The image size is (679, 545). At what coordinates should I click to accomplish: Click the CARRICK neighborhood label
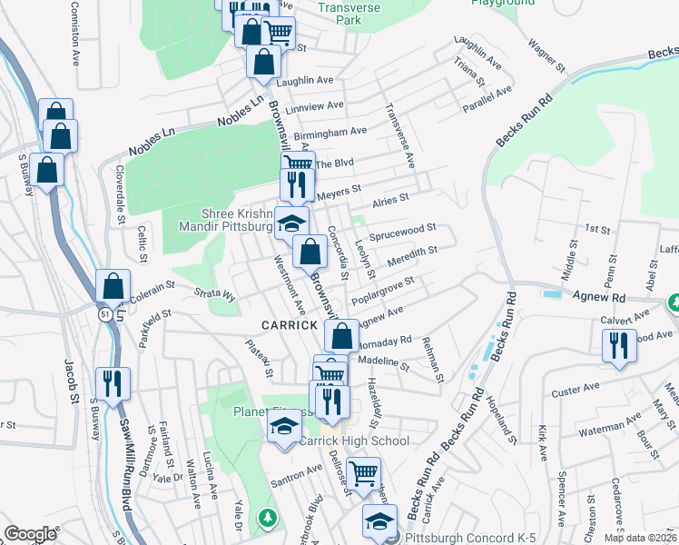(290, 324)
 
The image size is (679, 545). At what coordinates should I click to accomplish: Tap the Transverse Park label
(349, 12)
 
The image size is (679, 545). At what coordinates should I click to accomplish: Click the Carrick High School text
(355, 441)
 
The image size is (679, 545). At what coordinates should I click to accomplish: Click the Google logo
(30, 534)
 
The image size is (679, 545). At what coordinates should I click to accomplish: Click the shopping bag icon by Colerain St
(113, 287)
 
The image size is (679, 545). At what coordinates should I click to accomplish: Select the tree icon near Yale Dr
(267, 518)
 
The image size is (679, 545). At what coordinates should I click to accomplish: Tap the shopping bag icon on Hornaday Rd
(340, 335)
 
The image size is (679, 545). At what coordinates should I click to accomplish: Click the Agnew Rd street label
(599, 296)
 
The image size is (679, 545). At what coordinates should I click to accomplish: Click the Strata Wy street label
(215, 294)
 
